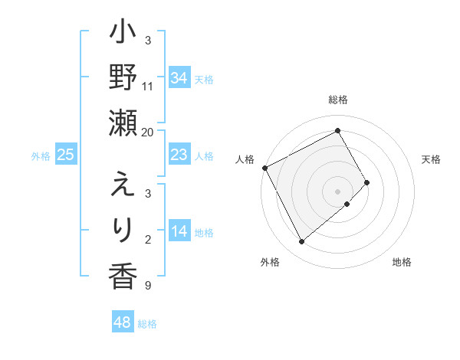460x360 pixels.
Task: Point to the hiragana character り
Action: click(x=122, y=228)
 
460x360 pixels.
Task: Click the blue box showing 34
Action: click(x=179, y=77)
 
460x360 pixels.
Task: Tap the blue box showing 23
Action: click(x=179, y=155)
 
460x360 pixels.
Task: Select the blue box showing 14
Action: click(x=179, y=232)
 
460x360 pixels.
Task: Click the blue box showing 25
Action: click(x=65, y=155)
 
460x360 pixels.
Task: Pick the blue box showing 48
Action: click(x=123, y=322)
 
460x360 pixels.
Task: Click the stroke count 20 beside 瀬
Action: click(x=148, y=132)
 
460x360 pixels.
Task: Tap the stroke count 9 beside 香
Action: click(x=147, y=286)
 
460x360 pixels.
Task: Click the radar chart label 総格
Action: click(x=337, y=100)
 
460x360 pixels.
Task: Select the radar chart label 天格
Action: click(x=431, y=159)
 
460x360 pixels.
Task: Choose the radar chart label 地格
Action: click(x=402, y=262)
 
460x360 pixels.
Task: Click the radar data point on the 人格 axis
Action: click(x=264, y=168)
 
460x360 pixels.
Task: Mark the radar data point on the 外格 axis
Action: click(x=301, y=242)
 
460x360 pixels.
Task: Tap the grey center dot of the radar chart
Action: click(x=337, y=190)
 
